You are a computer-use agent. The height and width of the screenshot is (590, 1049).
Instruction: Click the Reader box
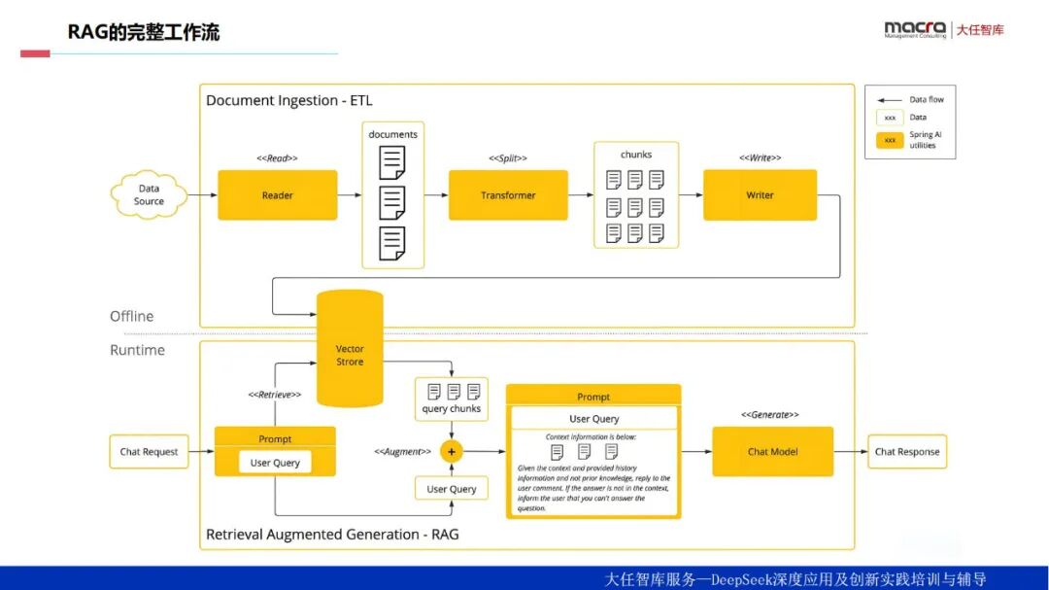(x=277, y=195)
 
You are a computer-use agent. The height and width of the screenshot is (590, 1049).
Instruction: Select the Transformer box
(x=508, y=195)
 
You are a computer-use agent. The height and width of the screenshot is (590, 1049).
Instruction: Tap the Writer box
(x=760, y=195)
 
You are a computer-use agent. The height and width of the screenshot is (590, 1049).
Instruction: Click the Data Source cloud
(x=149, y=195)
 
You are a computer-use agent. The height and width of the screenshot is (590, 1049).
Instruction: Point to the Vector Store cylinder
(x=350, y=355)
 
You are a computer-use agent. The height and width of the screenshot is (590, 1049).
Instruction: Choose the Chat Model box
(x=772, y=451)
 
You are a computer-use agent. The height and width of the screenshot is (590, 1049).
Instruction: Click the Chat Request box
(x=149, y=451)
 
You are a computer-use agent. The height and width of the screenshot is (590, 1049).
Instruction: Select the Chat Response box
(x=907, y=451)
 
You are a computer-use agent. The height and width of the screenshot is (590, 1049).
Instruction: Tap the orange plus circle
(x=451, y=451)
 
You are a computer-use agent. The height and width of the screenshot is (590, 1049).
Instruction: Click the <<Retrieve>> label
(x=274, y=395)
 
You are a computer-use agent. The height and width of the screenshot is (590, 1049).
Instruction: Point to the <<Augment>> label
(x=402, y=451)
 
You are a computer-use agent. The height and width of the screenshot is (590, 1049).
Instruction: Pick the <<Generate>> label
(x=769, y=414)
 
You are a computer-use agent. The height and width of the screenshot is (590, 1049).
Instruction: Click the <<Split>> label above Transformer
(x=508, y=157)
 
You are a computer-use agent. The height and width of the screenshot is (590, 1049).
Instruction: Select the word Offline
(x=131, y=316)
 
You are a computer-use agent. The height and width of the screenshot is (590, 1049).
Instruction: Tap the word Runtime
(x=137, y=350)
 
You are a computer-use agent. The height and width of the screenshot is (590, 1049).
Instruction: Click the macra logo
(x=914, y=29)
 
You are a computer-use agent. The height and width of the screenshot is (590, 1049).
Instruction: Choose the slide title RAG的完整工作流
(x=144, y=32)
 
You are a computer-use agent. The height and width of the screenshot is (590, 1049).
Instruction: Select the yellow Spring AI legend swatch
(x=890, y=139)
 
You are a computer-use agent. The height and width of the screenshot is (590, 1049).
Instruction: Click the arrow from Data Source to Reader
(x=202, y=195)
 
